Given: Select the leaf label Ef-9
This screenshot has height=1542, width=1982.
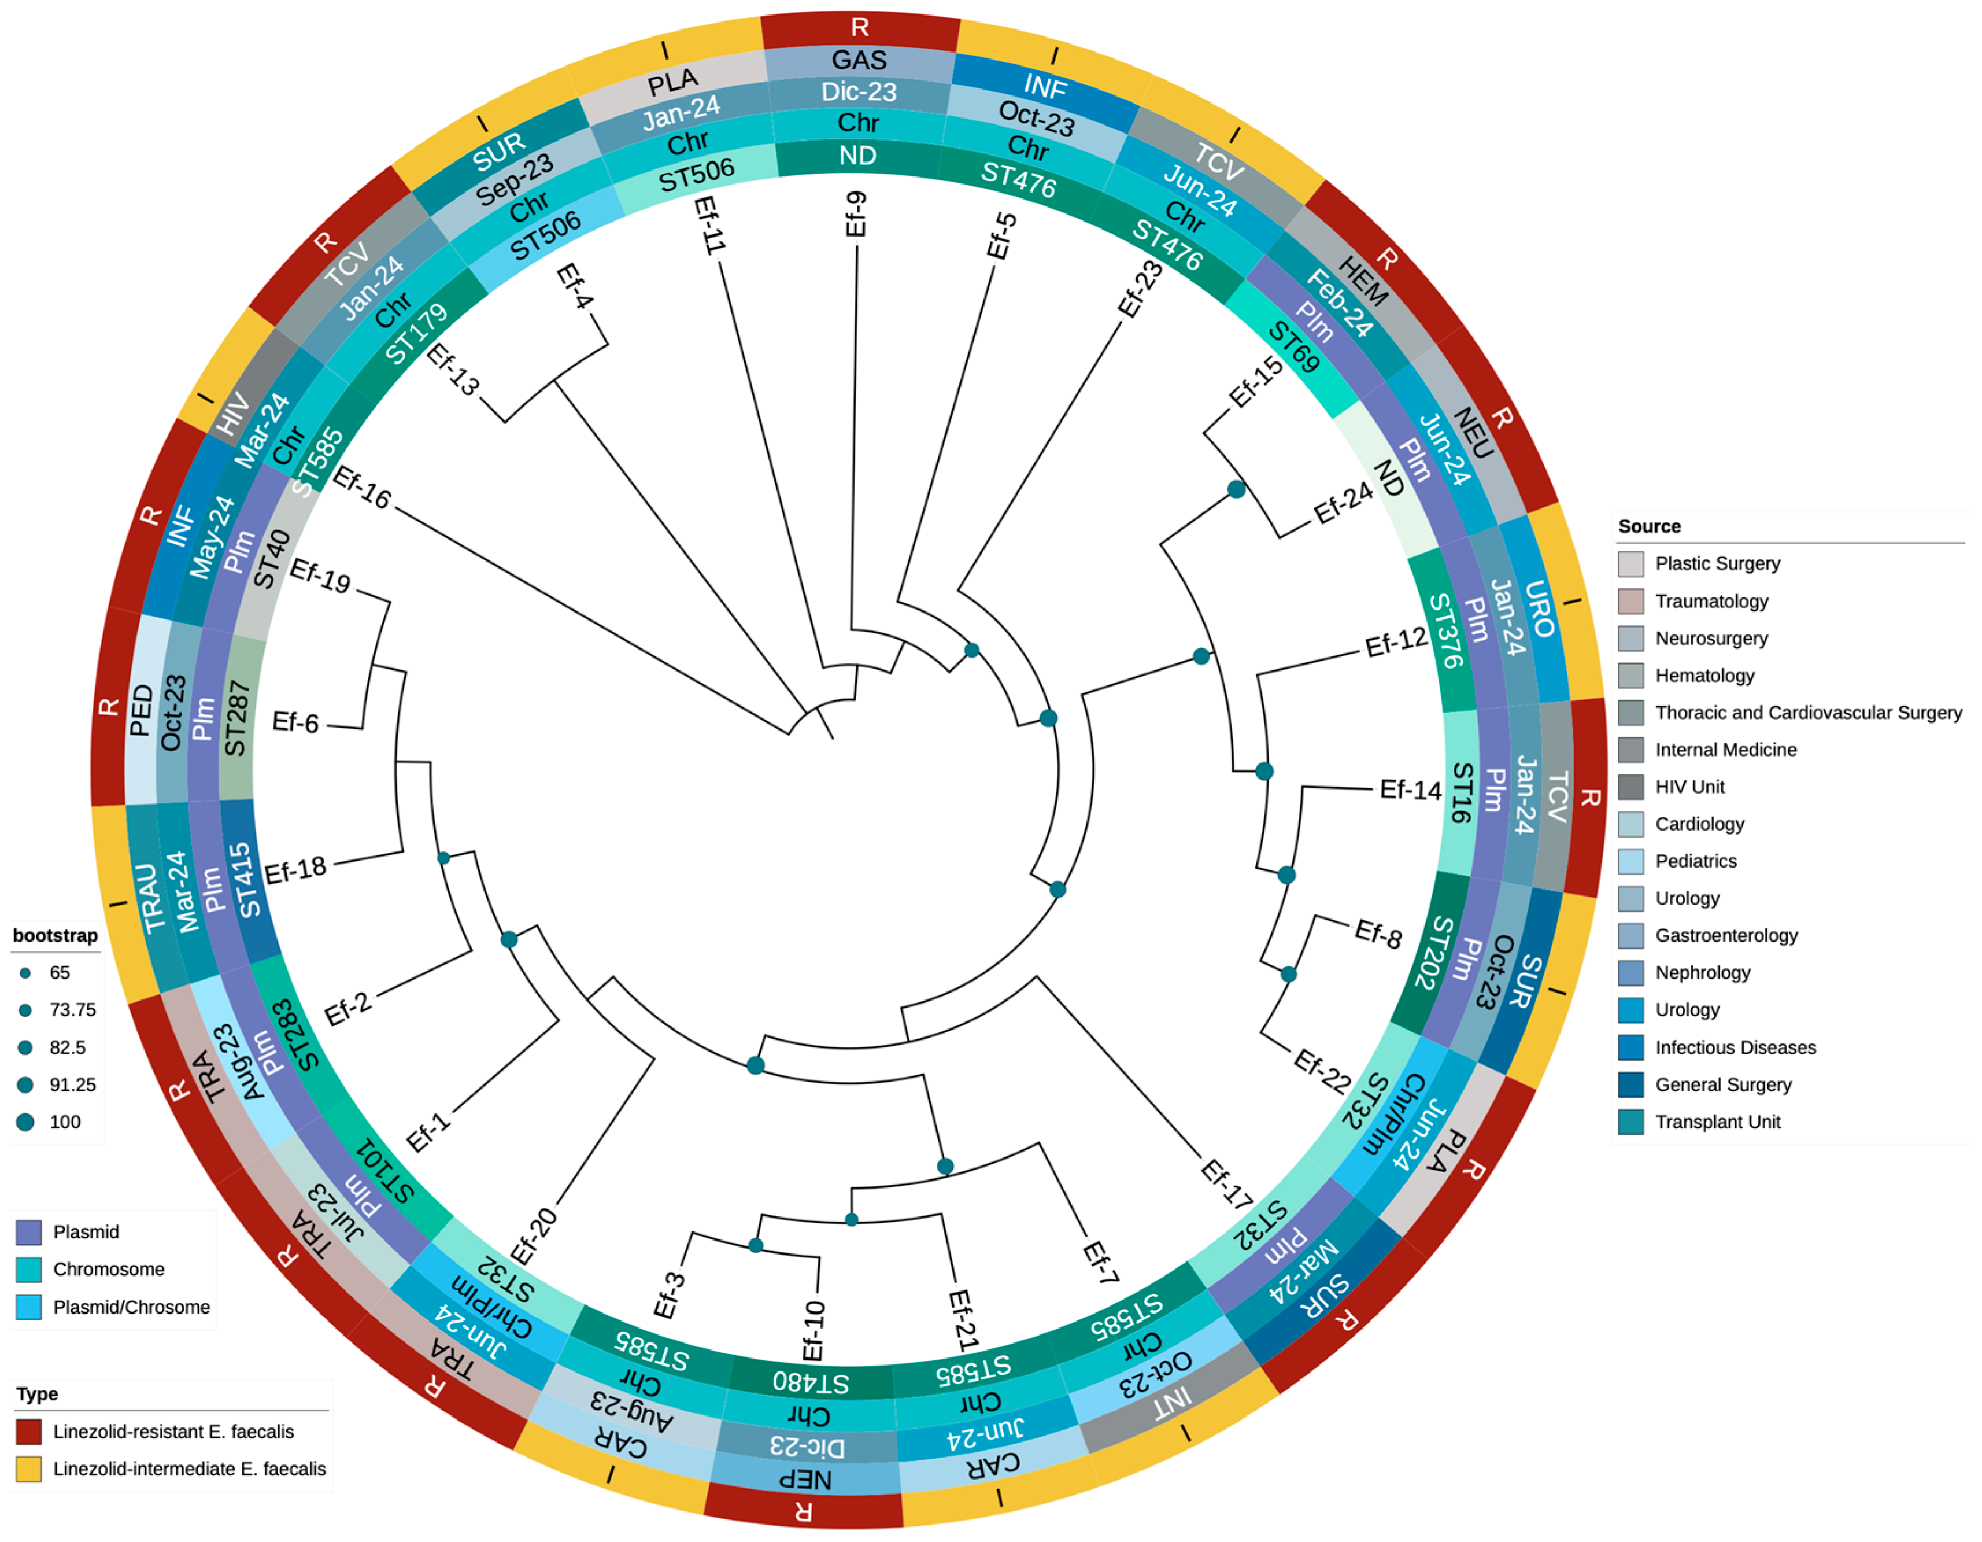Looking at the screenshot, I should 856,214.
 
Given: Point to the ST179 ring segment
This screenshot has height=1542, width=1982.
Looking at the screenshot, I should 416,333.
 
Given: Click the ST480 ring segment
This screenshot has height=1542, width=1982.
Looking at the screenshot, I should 811,1381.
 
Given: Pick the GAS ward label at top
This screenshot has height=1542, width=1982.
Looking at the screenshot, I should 859,61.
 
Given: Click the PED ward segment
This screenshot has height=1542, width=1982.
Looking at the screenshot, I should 140,710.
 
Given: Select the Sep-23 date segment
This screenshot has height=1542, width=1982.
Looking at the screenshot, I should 515,178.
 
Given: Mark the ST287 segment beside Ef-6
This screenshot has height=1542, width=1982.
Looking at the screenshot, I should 236,719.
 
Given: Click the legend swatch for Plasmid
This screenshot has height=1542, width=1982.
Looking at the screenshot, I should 29,1231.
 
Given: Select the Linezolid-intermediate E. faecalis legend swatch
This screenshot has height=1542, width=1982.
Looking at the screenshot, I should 29,1469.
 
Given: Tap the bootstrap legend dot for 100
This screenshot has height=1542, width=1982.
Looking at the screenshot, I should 25,1122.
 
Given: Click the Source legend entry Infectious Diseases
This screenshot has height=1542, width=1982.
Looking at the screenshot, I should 1735,1047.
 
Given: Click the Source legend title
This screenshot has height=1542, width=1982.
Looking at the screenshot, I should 1649,526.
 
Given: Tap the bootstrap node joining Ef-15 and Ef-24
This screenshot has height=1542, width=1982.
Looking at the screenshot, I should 1236,490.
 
